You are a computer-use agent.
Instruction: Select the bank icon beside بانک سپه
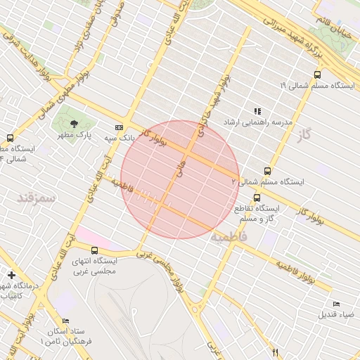[120, 127]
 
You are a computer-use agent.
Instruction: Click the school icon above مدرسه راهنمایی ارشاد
[257, 111]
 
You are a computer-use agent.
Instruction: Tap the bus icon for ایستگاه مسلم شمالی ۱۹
[317, 74]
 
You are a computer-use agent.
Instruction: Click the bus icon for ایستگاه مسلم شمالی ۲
[267, 171]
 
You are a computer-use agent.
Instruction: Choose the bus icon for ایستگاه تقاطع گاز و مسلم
[257, 198]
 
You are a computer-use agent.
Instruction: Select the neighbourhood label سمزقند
[37, 197]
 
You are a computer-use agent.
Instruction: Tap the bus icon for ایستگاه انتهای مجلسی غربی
[95, 250]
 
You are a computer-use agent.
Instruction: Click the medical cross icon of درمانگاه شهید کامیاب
[10, 274]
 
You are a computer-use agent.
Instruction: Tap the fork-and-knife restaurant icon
[276, 352]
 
